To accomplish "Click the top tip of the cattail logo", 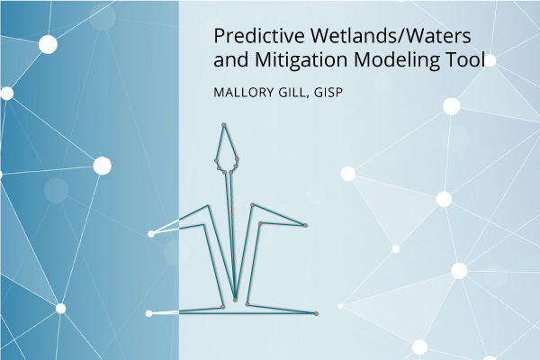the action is point(224,125).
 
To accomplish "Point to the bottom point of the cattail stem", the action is point(235,300).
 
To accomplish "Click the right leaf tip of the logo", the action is point(305,225).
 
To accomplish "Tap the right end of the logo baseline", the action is point(316,313).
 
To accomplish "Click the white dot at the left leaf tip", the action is point(151,234).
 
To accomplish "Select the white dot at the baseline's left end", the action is point(148,313).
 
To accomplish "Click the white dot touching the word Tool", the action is point(490,60).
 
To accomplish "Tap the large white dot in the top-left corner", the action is point(48,44).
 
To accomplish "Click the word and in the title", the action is point(230,60).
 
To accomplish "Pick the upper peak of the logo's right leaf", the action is point(252,205).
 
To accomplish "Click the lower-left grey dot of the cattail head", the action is point(219,168).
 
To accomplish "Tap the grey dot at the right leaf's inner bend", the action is point(260,223).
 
